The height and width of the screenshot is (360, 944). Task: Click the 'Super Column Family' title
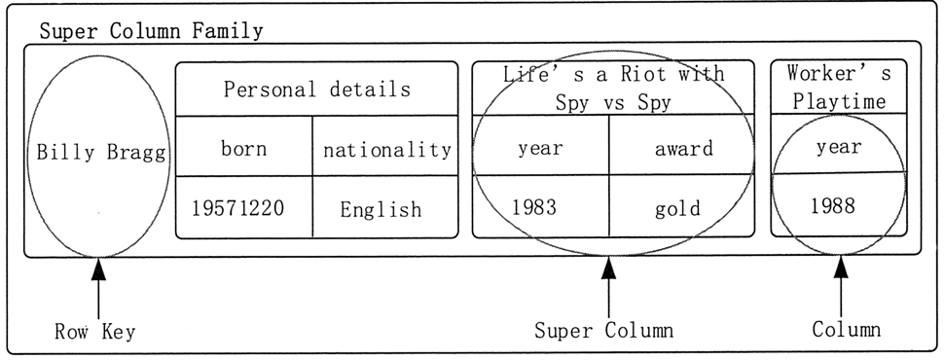[151, 31]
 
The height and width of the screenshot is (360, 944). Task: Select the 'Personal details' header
[316, 90]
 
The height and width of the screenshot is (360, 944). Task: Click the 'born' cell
[243, 149]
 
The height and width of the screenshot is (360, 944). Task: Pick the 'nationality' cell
[386, 150]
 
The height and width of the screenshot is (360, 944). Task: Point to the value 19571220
[243, 208]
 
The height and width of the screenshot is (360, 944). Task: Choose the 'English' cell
[381, 209]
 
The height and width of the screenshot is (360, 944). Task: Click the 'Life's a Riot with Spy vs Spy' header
[613, 88]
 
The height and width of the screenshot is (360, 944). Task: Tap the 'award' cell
[682, 149]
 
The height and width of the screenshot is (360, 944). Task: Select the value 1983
[535, 207]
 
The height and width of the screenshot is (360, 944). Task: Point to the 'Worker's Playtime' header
[838, 88]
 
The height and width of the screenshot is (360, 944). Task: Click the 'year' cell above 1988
[838, 147]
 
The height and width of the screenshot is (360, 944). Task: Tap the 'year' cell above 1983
[539, 150]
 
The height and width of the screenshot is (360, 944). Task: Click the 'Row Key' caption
[94, 332]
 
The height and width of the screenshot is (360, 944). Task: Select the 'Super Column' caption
[603, 330]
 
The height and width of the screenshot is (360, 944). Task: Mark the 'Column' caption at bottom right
[847, 330]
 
